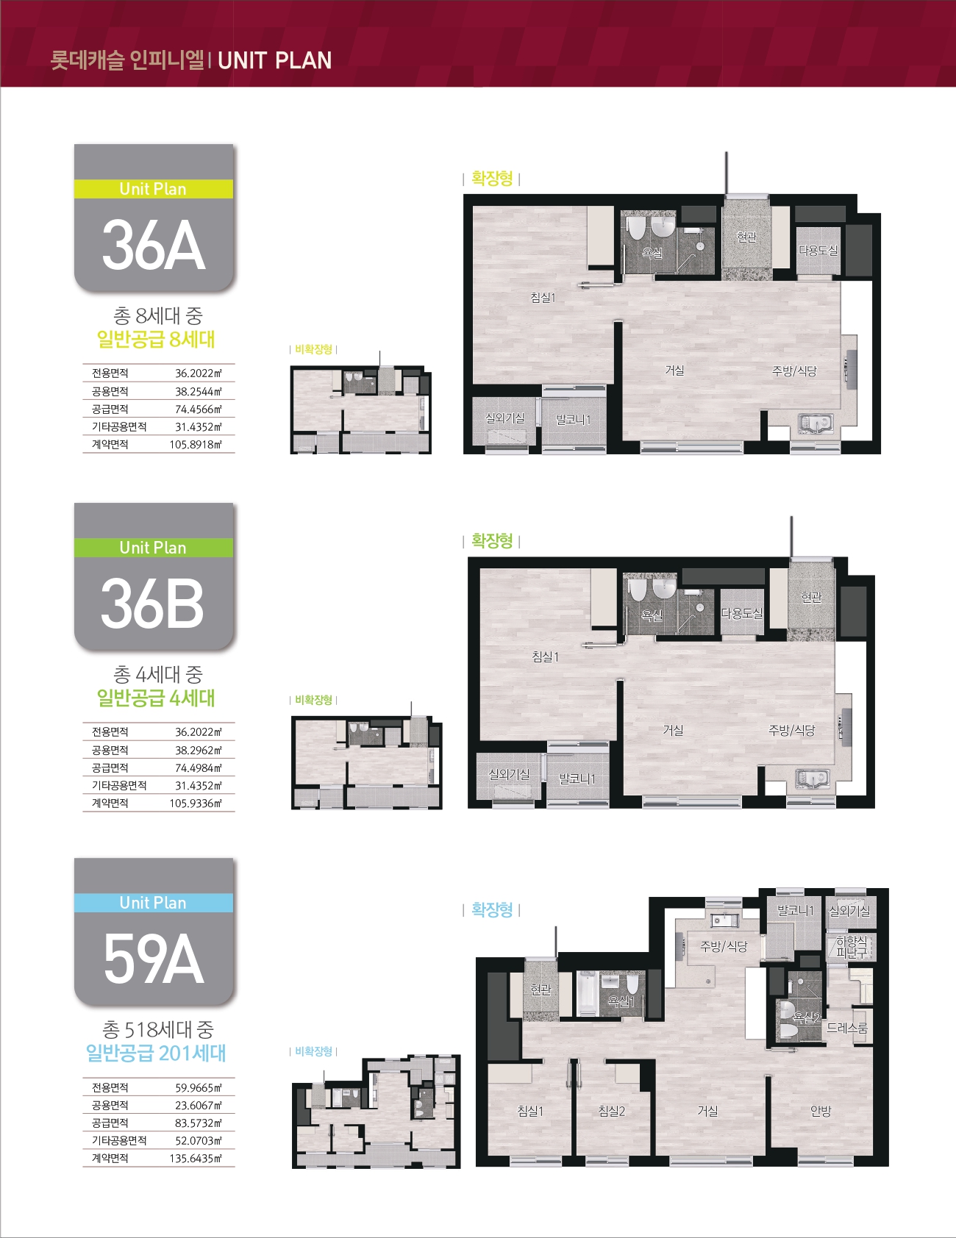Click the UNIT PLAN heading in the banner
[x=274, y=60]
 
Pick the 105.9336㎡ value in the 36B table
[x=196, y=804]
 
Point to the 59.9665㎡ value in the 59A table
[x=199, y=1088]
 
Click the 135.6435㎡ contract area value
[x=196, y=1159]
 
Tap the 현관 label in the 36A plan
[x=746, y=237]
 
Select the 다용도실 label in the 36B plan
[x=741, y=613]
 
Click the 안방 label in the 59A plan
[x=821, y=1112]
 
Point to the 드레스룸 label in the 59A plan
[x=847, y=1028]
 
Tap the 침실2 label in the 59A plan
[x=612, y=1112]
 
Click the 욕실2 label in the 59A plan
[x=807, y=1018]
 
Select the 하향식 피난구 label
[x=852, y=947]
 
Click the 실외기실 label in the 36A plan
[x=505, y=418]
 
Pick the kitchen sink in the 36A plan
[x=815, y=423]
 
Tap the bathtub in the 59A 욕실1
[x=586, y=994]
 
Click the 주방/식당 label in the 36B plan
[x=792, y=730]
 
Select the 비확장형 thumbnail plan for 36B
[x=367, y=762]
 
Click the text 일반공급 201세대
[x=156, y=1053]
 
